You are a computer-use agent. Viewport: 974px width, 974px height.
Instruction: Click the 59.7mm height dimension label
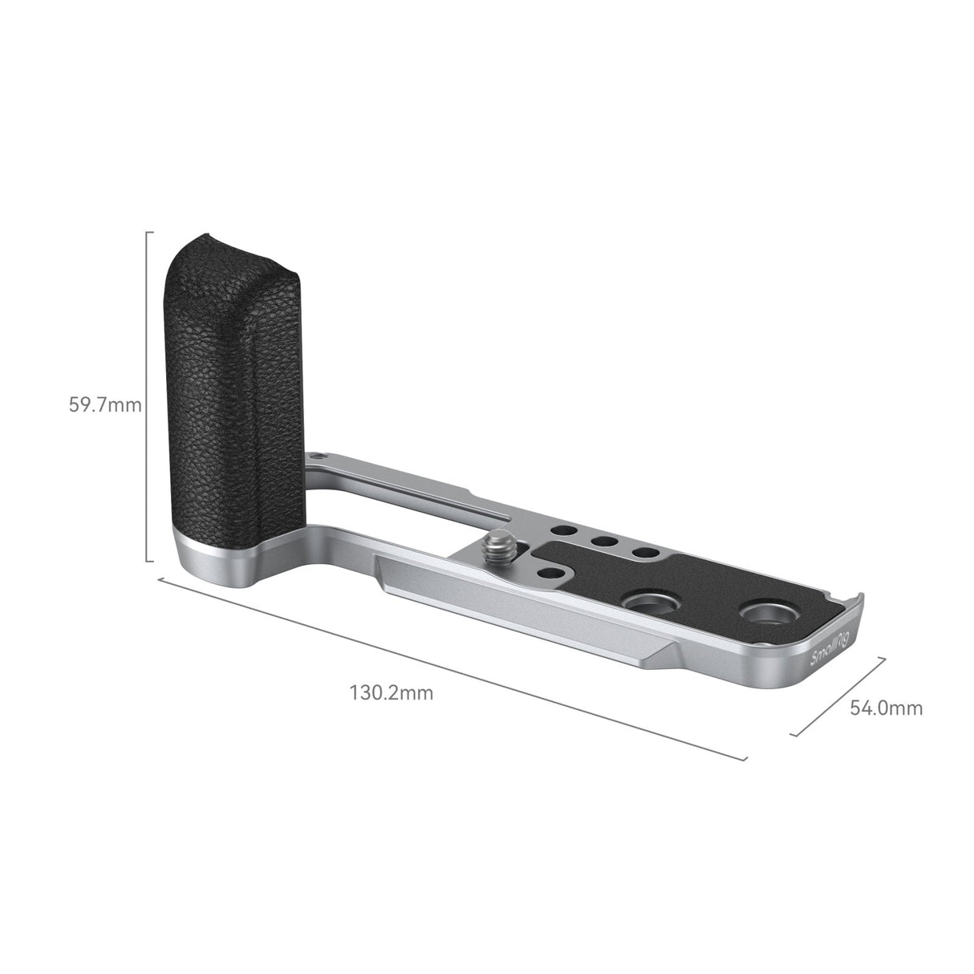(x=105, y=405)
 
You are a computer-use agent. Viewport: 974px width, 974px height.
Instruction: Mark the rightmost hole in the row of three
(x=640, y=552)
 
